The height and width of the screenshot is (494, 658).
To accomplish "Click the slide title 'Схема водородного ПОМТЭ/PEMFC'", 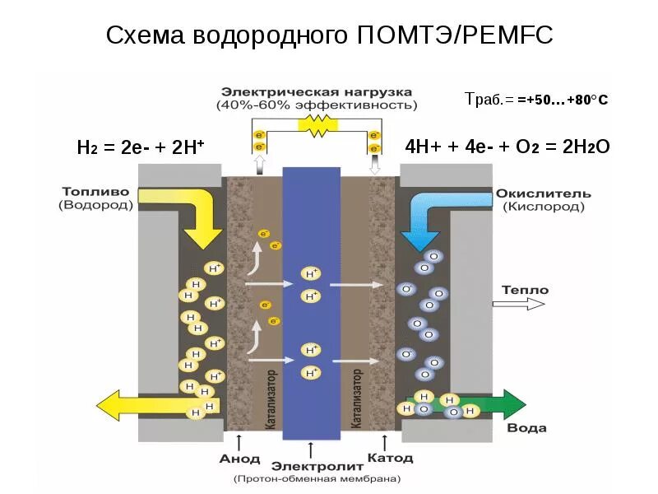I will pos(329,35).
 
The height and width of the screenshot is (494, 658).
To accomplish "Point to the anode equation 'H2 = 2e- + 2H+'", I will pos(140,148).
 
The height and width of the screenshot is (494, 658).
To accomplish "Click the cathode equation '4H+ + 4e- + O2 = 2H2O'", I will pos(507,147).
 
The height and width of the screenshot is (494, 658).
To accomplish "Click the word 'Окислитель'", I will pos(544,193).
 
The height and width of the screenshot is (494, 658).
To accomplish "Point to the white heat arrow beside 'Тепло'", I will pos(518,304).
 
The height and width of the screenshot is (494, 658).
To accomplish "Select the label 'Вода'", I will pos(526,428).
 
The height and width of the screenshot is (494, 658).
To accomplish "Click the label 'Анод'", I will pos(239,459).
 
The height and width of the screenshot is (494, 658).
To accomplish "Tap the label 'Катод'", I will pos(385,457).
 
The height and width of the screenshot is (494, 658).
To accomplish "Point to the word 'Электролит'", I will pos(313,464).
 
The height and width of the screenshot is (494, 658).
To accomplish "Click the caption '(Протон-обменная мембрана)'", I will pos(317,478).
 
